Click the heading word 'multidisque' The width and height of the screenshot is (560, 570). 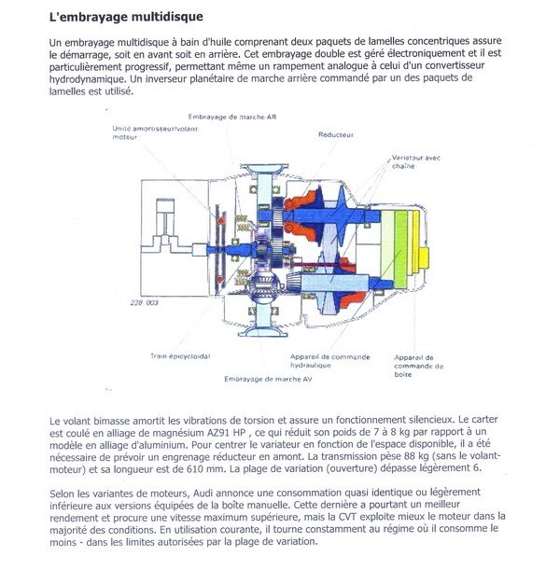[x=161, y=17]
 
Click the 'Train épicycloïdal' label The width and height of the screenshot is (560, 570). [x=180, y=355]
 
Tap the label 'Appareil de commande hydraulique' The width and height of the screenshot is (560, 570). [x=329, y=361]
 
